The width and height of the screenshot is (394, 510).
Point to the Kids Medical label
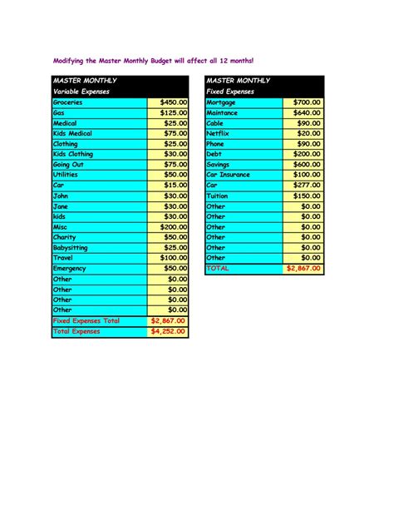72,133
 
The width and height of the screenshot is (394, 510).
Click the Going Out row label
68,165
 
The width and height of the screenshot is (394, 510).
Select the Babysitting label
72,248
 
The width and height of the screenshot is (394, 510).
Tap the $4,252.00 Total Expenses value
170,331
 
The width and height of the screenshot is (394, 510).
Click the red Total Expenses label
76,331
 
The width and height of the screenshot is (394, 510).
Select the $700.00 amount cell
307,102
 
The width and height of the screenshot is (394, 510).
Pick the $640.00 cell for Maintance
307,112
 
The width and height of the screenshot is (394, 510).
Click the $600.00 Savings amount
307,165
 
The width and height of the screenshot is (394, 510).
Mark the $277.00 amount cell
307,186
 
